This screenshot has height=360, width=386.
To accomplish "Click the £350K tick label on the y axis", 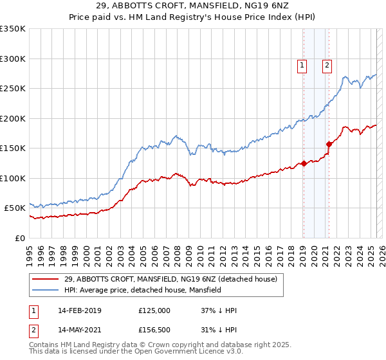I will point(13,29).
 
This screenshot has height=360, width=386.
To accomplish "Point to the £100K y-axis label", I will point(13,178).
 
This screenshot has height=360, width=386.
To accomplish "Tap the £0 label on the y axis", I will point(20,238).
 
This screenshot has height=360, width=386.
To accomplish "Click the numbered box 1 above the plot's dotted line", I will point(302,64).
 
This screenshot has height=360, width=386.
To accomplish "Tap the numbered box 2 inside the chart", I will point(327,64).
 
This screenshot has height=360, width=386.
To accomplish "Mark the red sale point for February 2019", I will point(303,163).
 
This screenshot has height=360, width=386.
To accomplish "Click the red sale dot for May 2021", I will point(329,144).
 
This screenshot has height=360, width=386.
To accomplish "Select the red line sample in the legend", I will point(46,279).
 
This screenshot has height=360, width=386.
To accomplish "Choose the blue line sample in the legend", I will point(46,291).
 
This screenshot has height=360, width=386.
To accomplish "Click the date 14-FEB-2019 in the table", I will point(80,310).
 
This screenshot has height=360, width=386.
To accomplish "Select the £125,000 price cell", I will point(154,310).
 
